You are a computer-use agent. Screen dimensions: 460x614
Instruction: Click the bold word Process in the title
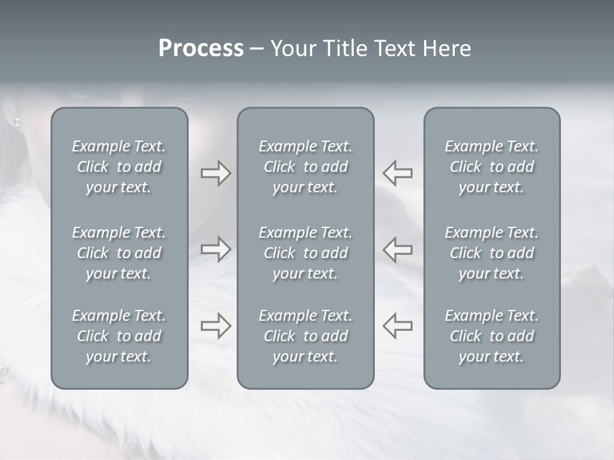tap(201, 49)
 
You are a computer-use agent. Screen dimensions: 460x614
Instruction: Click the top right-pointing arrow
tap(216, 173)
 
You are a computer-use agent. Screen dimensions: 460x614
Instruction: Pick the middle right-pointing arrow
tap(216, 249)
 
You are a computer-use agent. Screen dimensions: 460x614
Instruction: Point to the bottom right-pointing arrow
tap(216, 325)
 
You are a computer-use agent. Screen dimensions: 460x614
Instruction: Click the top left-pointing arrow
tap(398, 173)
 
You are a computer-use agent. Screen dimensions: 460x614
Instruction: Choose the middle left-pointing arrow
tap(398, 249)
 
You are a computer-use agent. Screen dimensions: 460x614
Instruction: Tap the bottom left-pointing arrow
tap(398, 325)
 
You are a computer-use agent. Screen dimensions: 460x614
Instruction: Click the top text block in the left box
tap(119, 167)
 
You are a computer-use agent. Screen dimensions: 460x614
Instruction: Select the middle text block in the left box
tap(119, 253)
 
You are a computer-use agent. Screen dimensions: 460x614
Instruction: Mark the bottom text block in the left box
tap(119, 336)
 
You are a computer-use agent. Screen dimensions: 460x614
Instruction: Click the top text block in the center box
tap(306, 167)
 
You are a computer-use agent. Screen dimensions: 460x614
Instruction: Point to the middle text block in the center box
tap(306, 253)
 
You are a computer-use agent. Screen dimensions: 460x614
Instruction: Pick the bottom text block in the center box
tap(306, 336)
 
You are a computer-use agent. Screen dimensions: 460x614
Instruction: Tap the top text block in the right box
tap(492, 167)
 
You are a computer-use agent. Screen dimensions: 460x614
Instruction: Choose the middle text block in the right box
tap(492, 253)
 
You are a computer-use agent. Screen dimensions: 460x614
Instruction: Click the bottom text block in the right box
tap(492, 336)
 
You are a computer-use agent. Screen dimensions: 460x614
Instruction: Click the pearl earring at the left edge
tap(17, 121)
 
